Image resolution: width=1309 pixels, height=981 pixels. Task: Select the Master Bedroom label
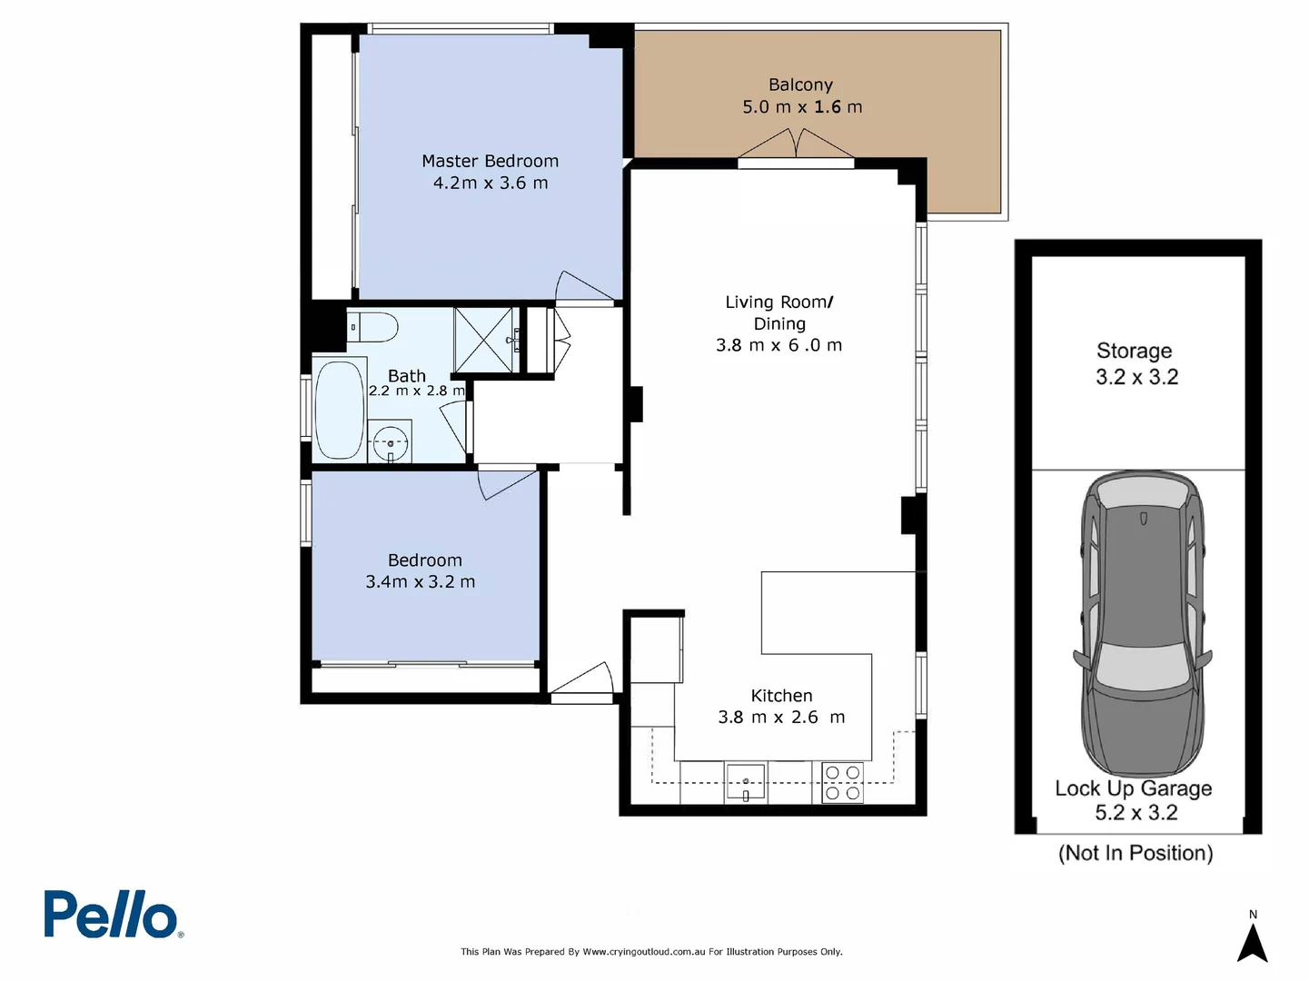pos(490,161)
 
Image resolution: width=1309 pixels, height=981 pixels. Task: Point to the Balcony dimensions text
pos(801,107)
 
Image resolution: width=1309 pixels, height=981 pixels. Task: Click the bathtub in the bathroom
pos(339,411)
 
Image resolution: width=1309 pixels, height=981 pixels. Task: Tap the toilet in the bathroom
pos(372,326)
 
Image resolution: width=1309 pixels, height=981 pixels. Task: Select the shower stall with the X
pos(484,340)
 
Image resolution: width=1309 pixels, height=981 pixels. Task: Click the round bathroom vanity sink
pos(391,443)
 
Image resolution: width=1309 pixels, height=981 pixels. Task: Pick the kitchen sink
pos(745,782)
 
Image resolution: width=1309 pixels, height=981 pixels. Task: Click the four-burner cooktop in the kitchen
pos(842,782)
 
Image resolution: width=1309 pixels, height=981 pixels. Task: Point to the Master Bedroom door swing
pos(581,286)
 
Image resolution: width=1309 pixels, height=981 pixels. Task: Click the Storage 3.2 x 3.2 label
pos(1135,363)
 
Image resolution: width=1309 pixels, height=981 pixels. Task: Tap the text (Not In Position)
pos(1135,853)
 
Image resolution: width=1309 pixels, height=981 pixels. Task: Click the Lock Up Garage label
pos(1133,788)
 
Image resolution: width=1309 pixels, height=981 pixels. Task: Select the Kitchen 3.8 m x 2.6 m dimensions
pos(781,718)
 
